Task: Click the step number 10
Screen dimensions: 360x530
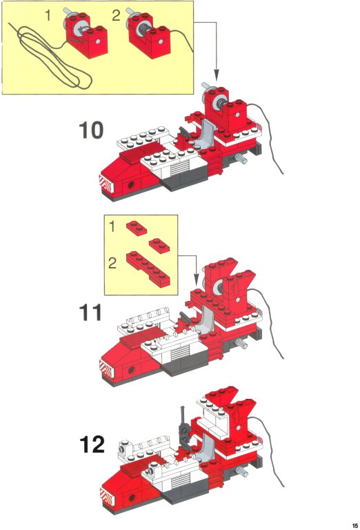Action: pos(91,130)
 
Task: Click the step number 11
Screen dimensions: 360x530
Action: pos(90,313)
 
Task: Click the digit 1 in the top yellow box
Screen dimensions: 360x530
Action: pos(48,15)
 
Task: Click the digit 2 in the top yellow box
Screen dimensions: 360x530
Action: pos(116,16)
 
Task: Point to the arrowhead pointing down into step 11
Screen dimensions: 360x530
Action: pos(197,280)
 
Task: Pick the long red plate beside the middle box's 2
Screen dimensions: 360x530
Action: pos(148,269)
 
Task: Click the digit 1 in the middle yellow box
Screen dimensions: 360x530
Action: pos(112,227)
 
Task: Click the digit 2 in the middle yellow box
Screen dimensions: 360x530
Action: pos(112,263)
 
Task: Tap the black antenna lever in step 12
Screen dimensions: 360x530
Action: pos(183,428)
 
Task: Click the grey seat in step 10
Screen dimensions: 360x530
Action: pos(203,135)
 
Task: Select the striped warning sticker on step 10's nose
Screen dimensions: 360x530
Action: pos(106,184)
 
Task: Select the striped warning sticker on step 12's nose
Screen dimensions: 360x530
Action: pos(107,497)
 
